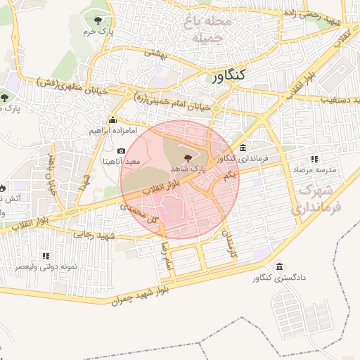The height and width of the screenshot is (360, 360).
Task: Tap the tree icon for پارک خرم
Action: [97, 20]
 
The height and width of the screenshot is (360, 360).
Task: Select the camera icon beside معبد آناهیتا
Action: [122, 151]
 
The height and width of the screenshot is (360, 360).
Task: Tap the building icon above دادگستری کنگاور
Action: [281, 267]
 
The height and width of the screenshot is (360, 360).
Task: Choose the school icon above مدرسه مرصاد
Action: [314, 160]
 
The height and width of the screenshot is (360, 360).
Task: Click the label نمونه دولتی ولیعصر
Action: [44, 268]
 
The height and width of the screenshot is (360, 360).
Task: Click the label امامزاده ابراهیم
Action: [117, 131]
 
